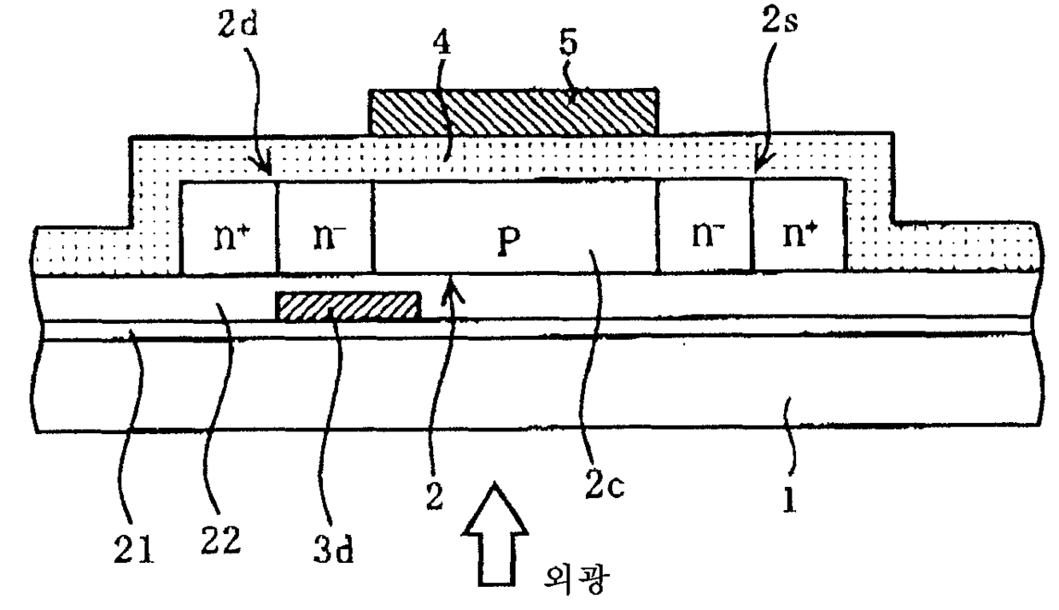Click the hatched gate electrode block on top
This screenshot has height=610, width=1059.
click(512, 111)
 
